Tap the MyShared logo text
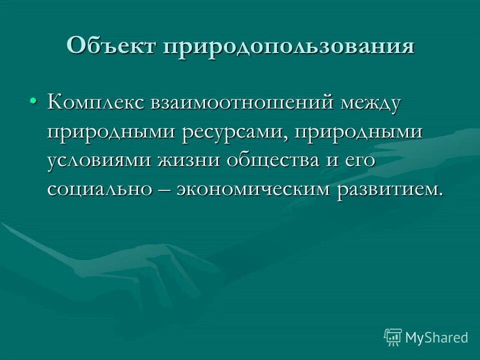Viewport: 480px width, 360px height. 436,337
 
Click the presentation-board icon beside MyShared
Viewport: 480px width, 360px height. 392,337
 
